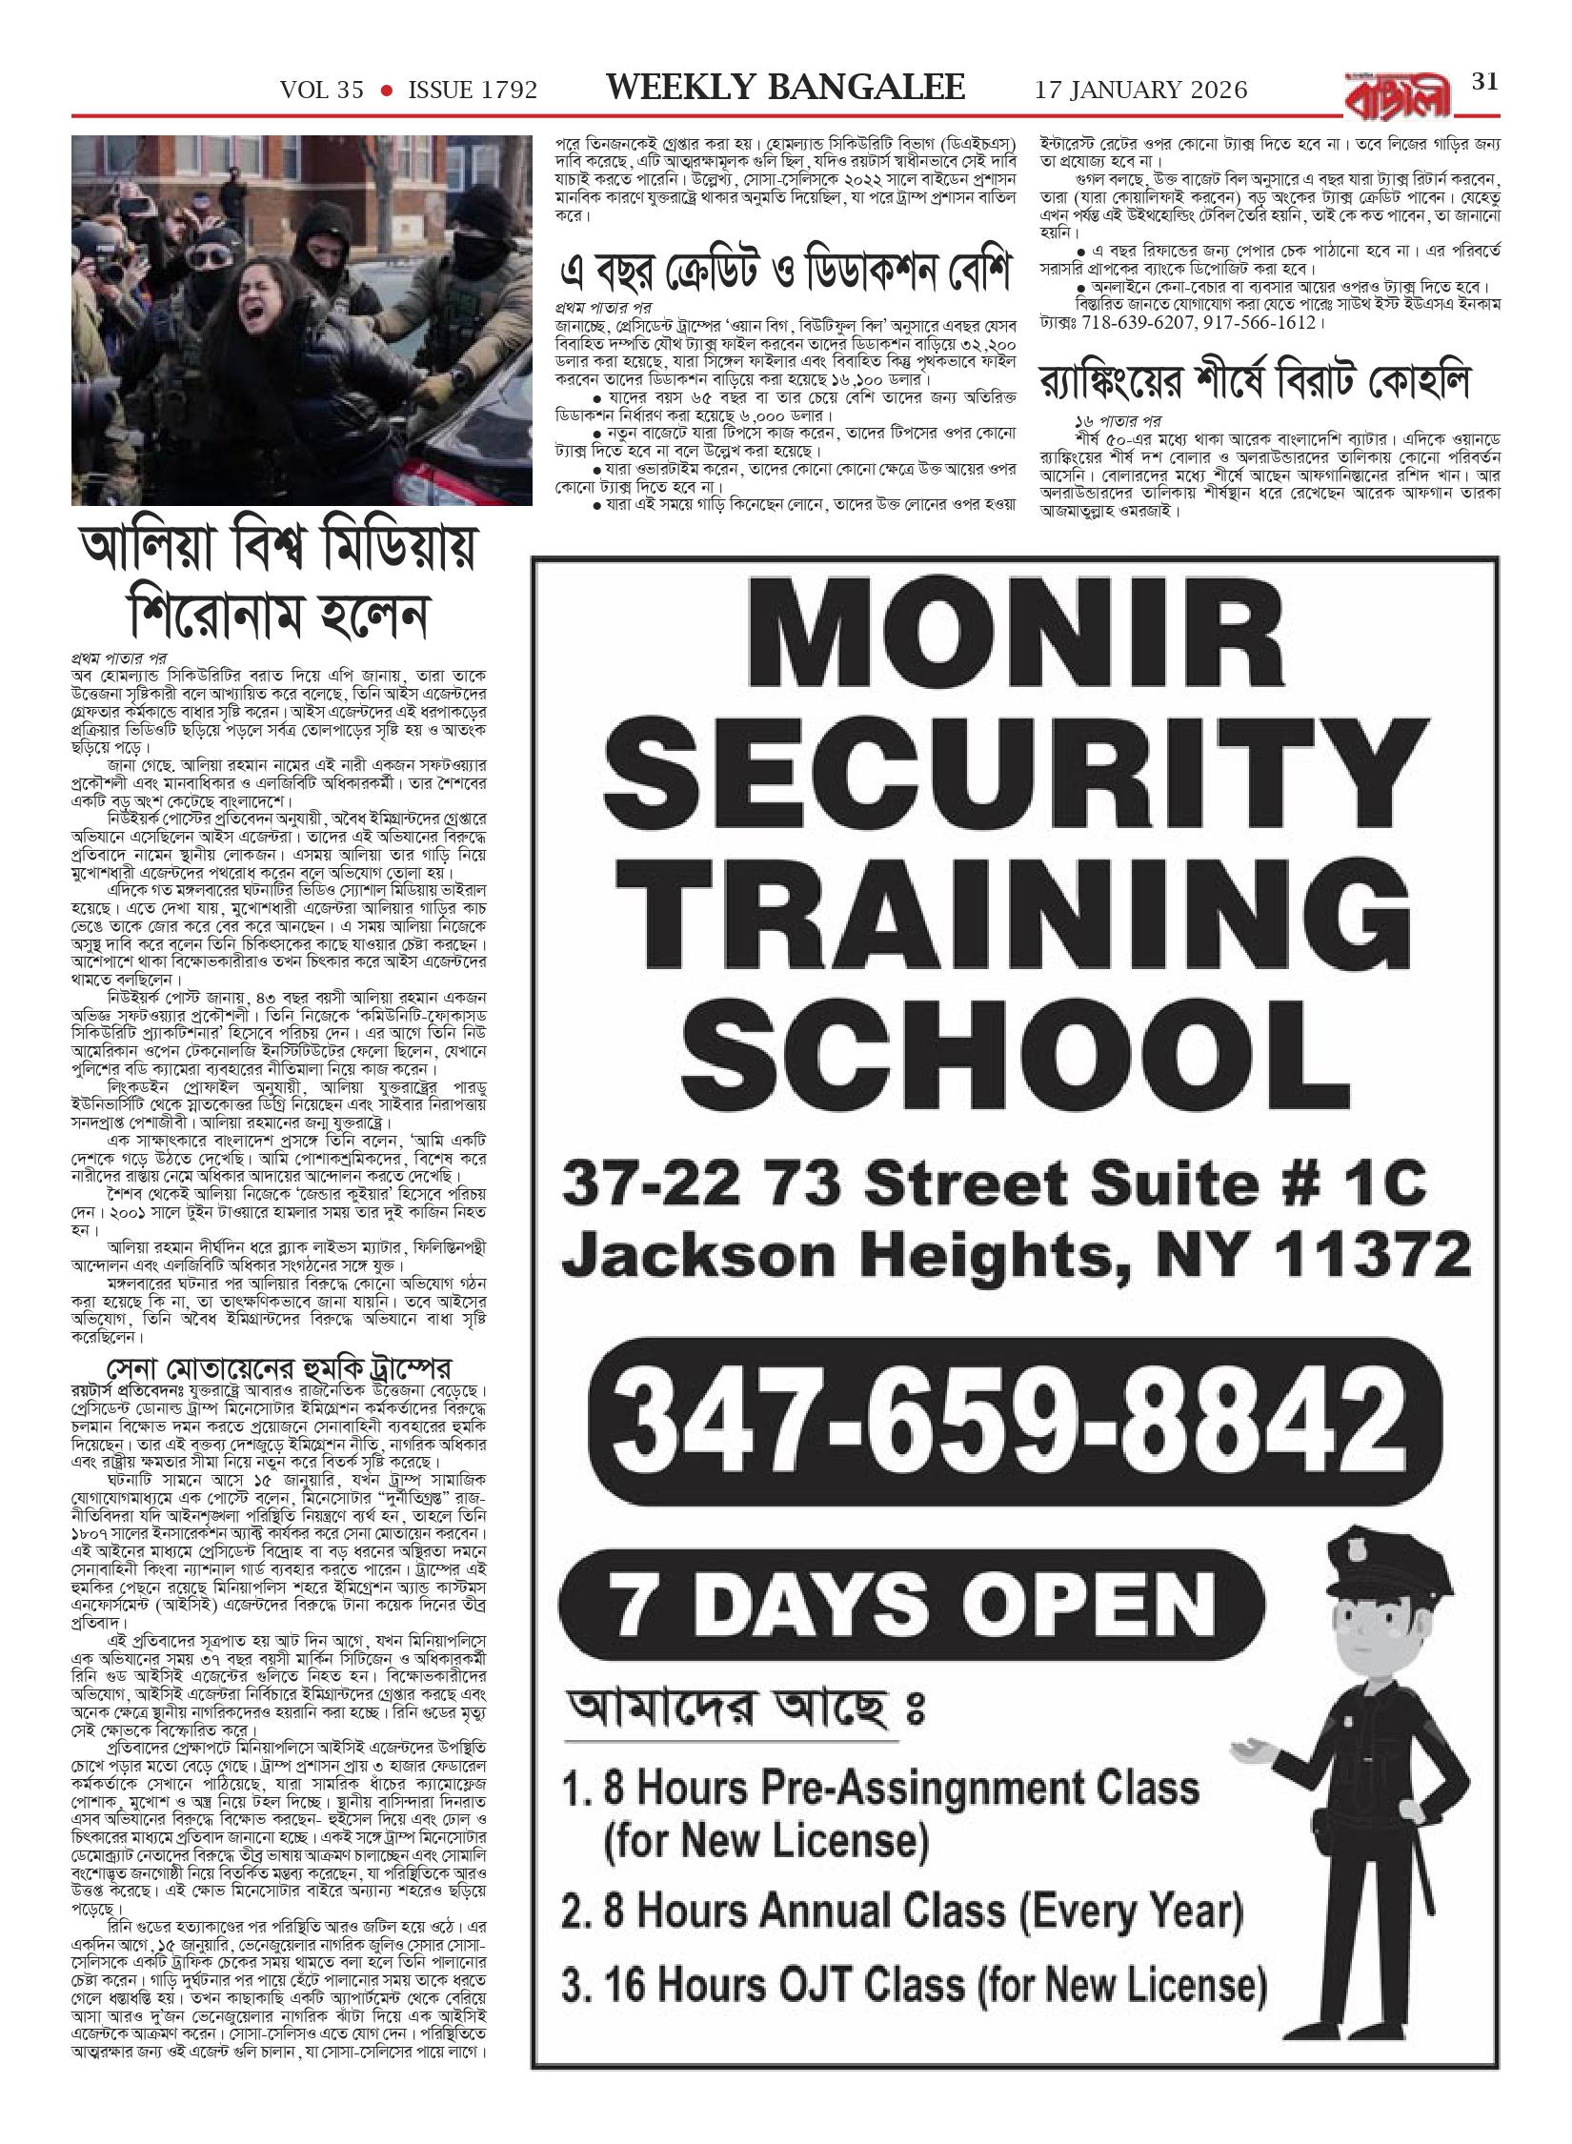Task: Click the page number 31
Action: coord(1484,82)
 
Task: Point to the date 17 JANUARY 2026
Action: coord(1140,91)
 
